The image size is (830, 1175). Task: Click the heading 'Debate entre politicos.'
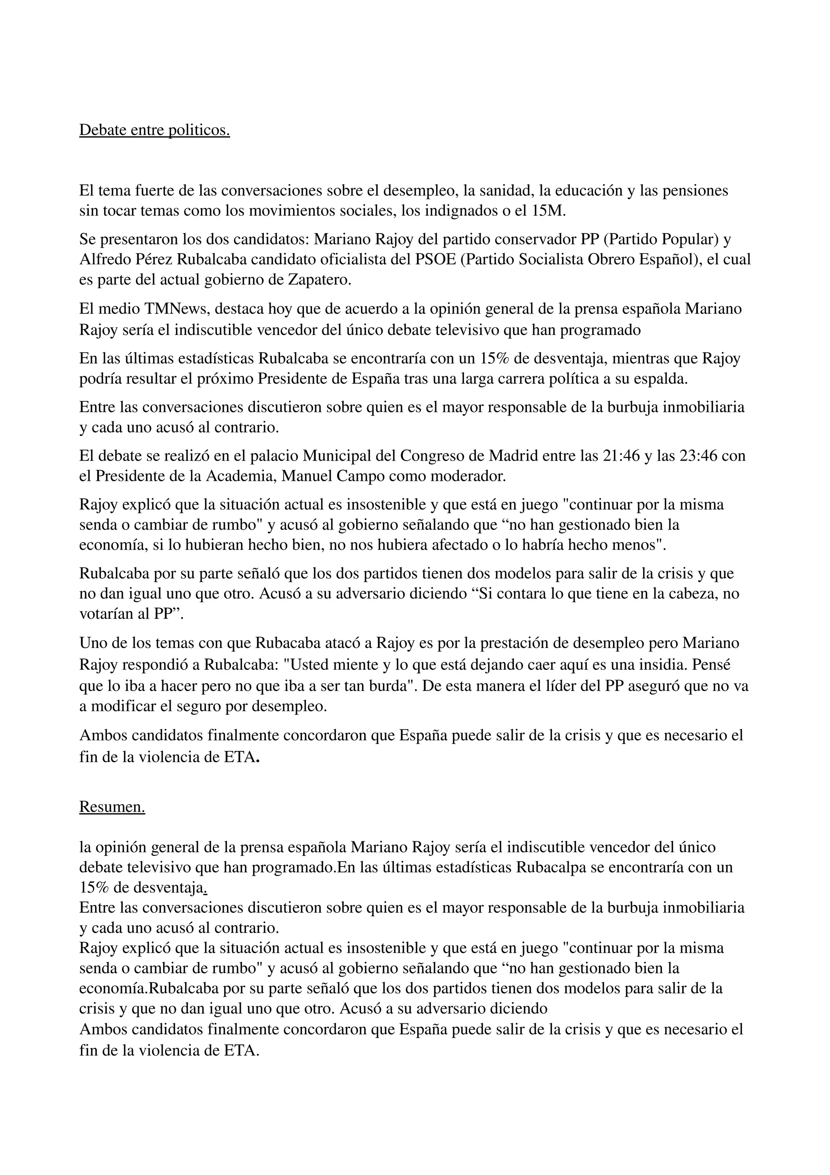tap(154, 130)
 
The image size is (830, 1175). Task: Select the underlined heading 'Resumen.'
tap(112, 806)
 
